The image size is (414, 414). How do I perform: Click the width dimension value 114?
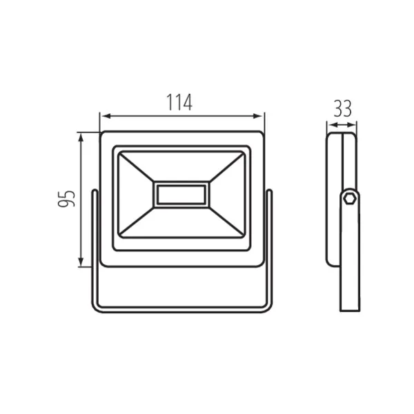click(179, 102)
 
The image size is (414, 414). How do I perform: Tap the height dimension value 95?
click(66, 199)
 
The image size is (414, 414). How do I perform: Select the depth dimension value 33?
click(342, 108)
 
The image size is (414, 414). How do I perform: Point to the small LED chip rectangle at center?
click(181, 195)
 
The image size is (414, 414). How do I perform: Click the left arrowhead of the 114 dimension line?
click(106, 116)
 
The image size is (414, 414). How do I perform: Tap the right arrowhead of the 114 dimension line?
click(257, 116)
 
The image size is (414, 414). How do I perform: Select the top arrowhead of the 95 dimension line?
click(81, 138)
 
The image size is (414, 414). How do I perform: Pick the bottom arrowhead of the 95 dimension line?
click(81, 262)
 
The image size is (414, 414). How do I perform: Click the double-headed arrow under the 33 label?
click(342, 125)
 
